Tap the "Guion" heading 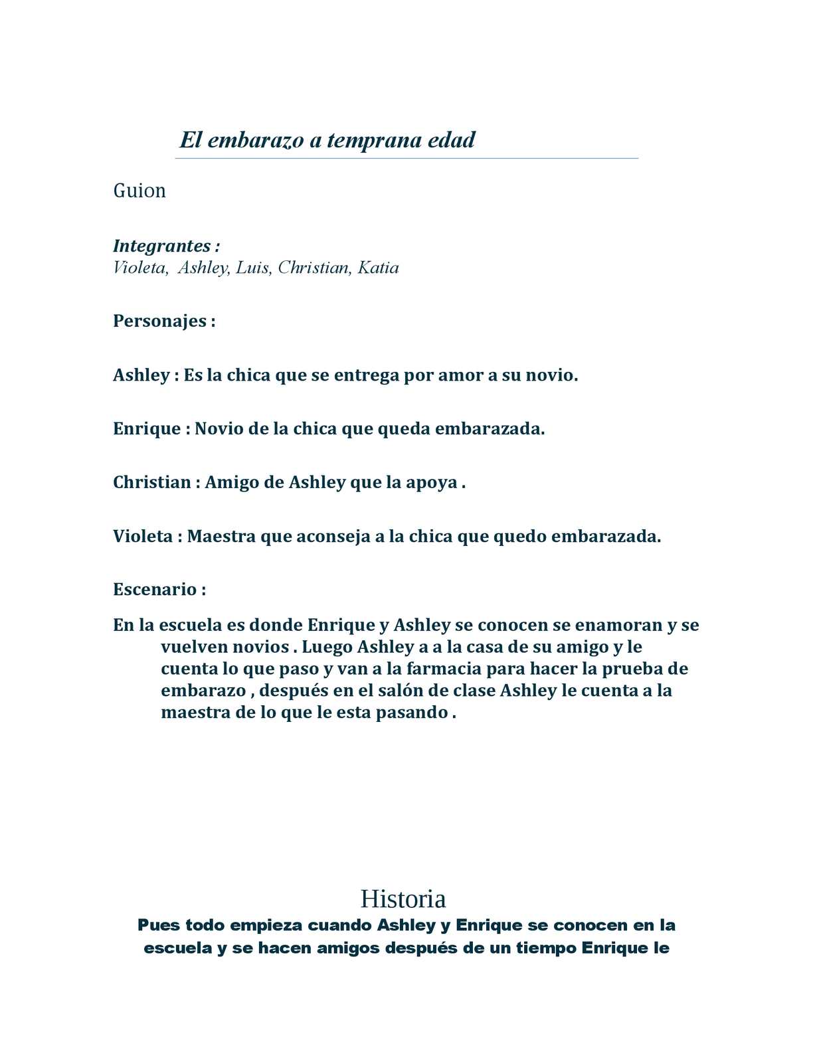pyautogui.click(x=139, y=191)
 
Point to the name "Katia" pyautogui.click(x=378, y=268)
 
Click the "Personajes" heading pyautogui.click(x=160, y=321)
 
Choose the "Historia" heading pyautogui.click(x=403, y=899)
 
